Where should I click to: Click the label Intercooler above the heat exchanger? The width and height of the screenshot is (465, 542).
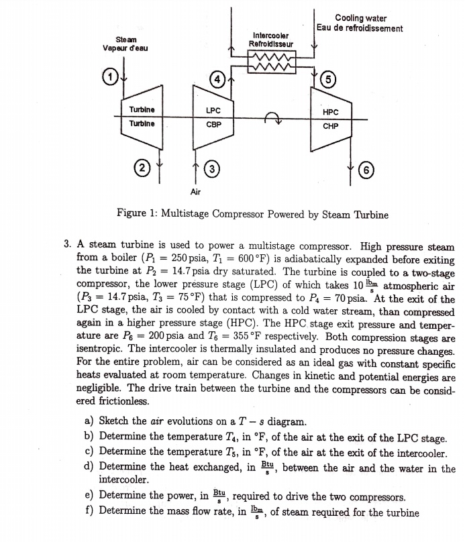point(271,35)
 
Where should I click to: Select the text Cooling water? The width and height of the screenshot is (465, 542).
point(360,18)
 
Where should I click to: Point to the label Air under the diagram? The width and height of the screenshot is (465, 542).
point(195,191)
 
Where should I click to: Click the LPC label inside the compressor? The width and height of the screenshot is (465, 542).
point(214,110)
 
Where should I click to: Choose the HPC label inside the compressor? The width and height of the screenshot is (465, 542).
point(330,113)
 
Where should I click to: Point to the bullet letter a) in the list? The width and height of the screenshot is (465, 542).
point(89,422)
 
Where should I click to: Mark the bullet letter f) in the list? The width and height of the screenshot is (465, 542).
point(89,512)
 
